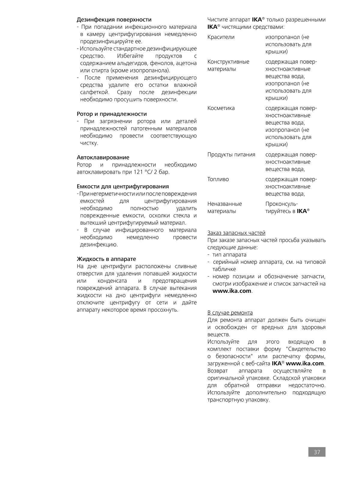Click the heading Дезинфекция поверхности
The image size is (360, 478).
[x=114, y=20]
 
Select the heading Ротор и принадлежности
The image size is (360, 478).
[x=112, y=114]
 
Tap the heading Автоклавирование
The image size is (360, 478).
[x=103, y=157]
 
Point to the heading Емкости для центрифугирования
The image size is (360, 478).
[x=123, y=187]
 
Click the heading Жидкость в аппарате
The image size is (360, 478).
[x=106, y=259]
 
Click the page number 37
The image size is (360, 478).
[x=317, y=452]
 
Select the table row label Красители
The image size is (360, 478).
[x=221, y=37]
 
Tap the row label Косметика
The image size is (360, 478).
[x=221, y=108]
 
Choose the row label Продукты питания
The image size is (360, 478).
[x=231, y=155]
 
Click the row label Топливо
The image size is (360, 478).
[x=218, y=179]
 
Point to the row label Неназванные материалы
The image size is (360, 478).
[x=224, y=208]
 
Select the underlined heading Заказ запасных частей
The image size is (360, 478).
[x=236, y=233]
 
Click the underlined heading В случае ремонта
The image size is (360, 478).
[x=230, y=313]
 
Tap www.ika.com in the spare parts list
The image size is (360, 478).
[x=232, y=291]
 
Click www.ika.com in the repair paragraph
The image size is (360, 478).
[x=305, y=363]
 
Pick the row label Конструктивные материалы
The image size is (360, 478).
[x=228, y=65]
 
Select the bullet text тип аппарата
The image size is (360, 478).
[x=229, y=255]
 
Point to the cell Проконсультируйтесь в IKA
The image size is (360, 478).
[x=287, y=208]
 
